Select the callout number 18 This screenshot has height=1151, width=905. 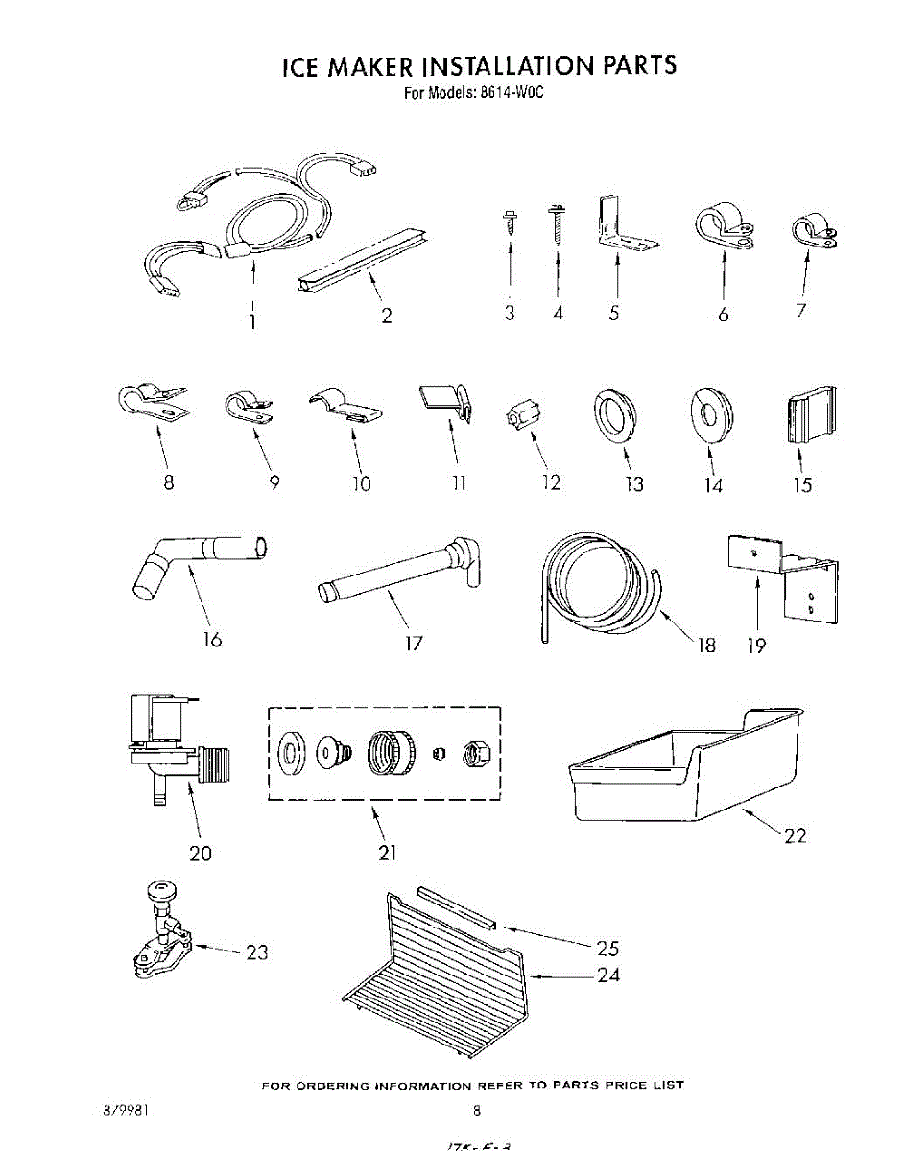[706, 645]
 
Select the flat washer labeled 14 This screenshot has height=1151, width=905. [712, 413]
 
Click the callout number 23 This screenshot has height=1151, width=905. [256, 952]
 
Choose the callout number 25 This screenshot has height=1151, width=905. [607, 949]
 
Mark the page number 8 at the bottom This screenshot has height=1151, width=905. [476, 1112]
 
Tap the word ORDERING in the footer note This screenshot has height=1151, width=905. [329, 1085]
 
